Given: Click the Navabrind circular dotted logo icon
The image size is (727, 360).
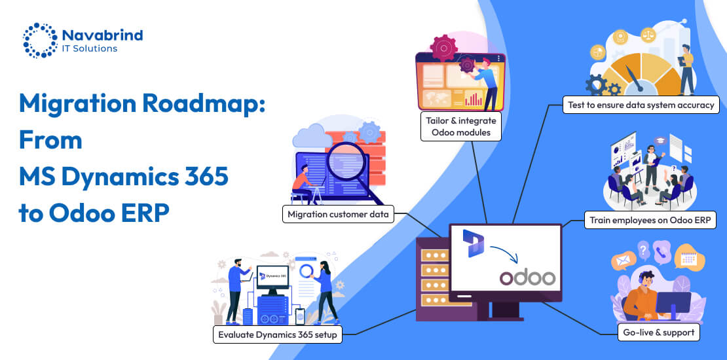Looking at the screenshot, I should tap(40, 40).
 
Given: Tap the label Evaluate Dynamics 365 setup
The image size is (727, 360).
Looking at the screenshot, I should tap(278, 334).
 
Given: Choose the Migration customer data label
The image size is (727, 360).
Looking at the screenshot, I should tap(339, 214).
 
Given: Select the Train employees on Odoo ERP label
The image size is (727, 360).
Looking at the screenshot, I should tap(650, 220).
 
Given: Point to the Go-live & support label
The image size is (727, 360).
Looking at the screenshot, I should tap(659, 332).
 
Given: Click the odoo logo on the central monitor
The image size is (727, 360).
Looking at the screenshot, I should tap(527, 278).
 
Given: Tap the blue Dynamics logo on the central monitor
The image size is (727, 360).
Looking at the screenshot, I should tap(473, 243).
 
